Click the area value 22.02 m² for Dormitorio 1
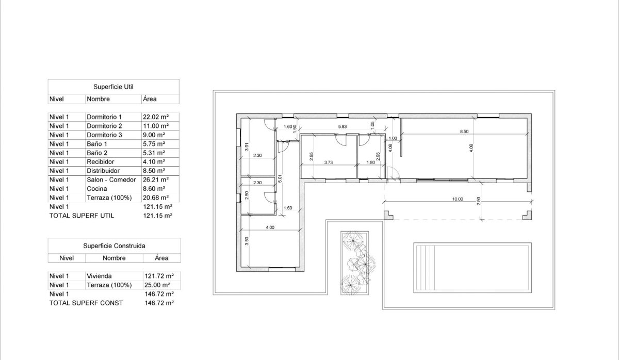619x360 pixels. pyautogui.click(x=155, y=117)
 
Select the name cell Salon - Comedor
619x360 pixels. pyautogui.click(x=111, y=180)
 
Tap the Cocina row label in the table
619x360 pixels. pyautogui.click(x=97, y=189)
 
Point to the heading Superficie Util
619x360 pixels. pyautogui.click(x=113, y=87)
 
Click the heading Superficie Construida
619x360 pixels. pyautogui.click(x=114, y=246)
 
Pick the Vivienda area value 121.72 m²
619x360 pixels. pyautogui.click(x=158, y=276)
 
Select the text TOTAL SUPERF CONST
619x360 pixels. pyautogui.click(x=86, y=303)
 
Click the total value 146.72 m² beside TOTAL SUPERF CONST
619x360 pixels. pyautogui.click(x=159, y=303)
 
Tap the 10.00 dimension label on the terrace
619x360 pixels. pyautogui.click(x=458, y=199)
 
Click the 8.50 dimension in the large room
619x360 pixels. pyautogui.click(x=464, y=132)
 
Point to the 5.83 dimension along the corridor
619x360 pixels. pyautogui.click(x=343, y=126)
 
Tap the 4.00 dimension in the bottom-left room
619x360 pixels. pyautogui.click(x=270, y=227)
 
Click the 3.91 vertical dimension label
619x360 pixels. pyautogui.click(x=247, y=146)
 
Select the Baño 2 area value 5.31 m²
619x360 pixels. pyautogui.click(x=154, y=153)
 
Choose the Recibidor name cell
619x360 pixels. pyautogui.click(x=101, y=162)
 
